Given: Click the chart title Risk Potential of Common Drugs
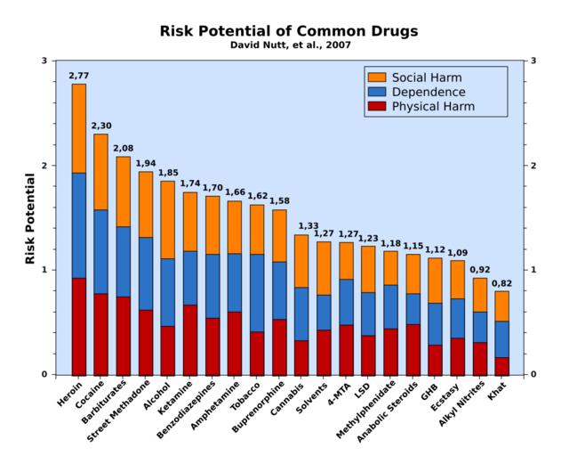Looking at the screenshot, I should pyautogui.click(x=289, y=31).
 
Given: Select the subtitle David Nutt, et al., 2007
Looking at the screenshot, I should pyautogui.click(x=288, y=45).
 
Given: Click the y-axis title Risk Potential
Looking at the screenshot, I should pyautogui.click(x=30, y=217).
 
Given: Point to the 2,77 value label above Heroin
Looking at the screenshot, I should pyautogui.click(x=79, y=76).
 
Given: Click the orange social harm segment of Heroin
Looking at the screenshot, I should pyautogui.click(x=79, y=128).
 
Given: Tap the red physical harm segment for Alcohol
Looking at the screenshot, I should pyautogui.click(x=168, y=350).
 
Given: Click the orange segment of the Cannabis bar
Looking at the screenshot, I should pyautogui.click(x=301, y=261).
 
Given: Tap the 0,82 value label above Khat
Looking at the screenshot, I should pyautogui.click(x=502, y=283).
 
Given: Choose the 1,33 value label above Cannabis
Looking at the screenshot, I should pyautogui.click(x=301, y=226).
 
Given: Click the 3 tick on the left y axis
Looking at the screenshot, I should pyautogui.click(x=44, y=61).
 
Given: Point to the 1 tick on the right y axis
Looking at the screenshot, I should pyautogui.click(x=533, y=270).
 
